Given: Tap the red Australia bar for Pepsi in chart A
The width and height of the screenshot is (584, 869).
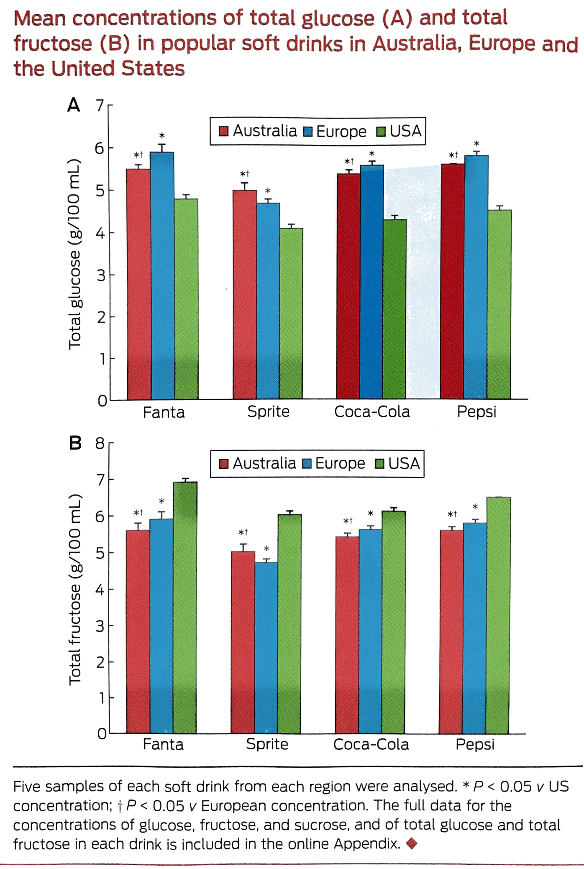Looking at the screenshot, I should pos(453,281).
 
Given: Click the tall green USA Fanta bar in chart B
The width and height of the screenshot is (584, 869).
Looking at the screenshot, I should pos(185,607).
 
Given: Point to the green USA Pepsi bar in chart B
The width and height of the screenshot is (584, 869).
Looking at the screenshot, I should pos(498,615).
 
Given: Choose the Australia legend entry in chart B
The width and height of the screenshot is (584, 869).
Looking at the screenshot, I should pos(258,463).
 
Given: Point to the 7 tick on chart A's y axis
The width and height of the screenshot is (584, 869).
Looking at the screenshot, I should pos(100,105).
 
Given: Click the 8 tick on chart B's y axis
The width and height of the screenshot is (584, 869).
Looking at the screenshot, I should pos(100,443).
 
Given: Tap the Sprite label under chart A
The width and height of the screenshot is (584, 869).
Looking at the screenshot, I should pos(268,411).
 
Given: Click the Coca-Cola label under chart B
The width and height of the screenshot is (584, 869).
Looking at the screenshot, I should pos(371,744).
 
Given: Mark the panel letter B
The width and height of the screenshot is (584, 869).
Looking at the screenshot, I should pos(75,443).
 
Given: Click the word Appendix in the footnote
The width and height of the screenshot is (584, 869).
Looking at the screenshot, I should pos(366,843).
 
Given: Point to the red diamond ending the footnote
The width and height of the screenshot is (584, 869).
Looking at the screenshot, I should pos(412,843).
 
